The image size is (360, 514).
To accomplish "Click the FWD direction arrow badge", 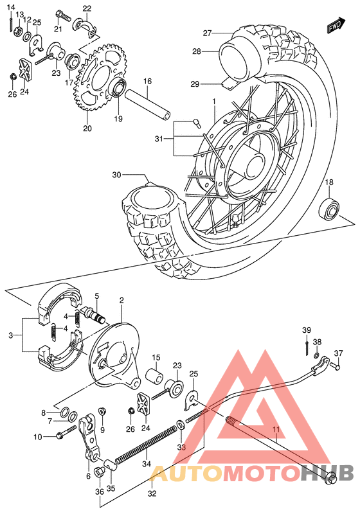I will pyautogui.click(x=333, y=26).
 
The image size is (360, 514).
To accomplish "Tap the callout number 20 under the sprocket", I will pyautogui.click(x=87, y=128).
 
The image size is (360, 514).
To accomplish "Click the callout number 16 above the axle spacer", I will pyautogui.click(x=147, y=82).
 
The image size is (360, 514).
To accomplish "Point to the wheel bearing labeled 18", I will pyautogui.click(x=330, y=209).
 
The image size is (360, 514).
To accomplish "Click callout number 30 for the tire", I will pyautogui.click(x=116, y=175).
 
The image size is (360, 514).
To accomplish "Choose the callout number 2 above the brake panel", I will pyautogui.click(x=121, y=300).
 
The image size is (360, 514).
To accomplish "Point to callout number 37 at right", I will pyautogui.click(x=338, y=353).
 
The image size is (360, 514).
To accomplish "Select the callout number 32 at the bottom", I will pyautogui.click(x=152, y=494).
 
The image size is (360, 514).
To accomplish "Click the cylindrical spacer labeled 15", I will pyautogui.click(x=156, y=375).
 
